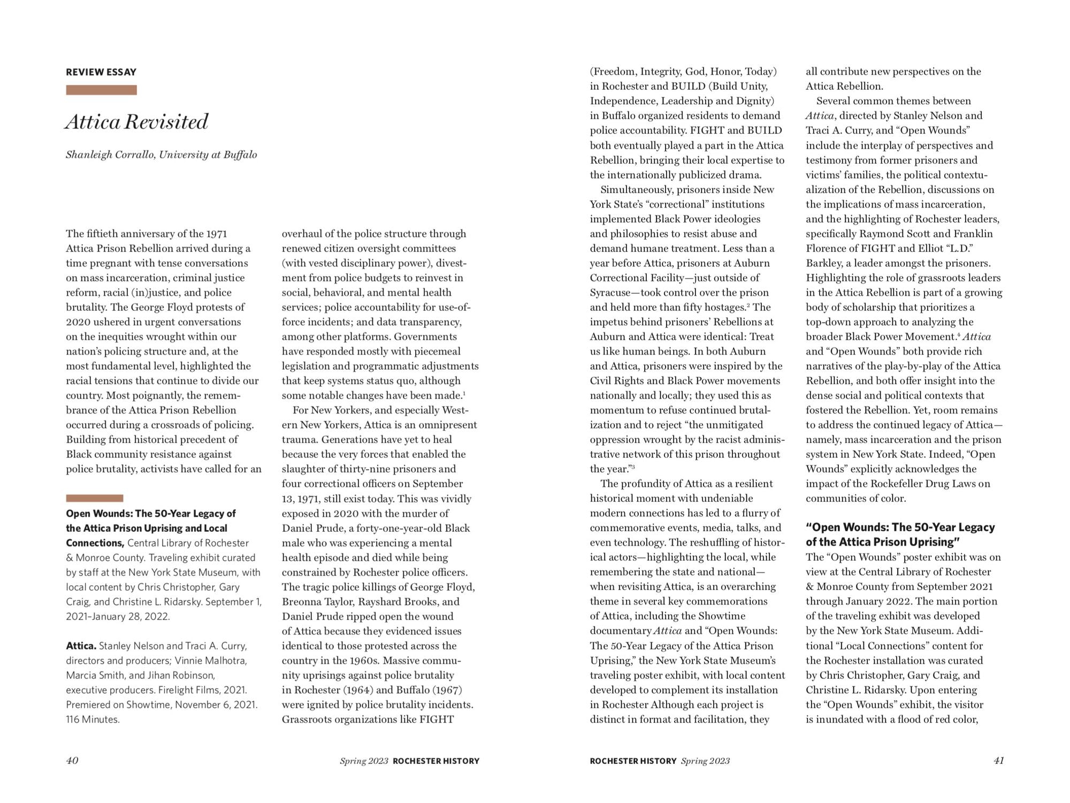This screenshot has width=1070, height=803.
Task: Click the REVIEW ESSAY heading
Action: pos(101,72)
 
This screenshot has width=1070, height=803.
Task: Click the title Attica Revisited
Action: pos(136,122)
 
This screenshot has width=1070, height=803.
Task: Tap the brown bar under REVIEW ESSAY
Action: pos(101,90)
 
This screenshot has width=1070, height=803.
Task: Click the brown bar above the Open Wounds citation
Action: pos(94,498)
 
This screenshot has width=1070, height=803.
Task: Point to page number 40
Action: pos(72,760)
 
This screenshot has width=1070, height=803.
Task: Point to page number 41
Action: pos(998,760)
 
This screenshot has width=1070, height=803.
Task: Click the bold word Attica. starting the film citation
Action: pos(81,646)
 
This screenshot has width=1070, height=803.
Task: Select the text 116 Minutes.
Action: pos(93,720)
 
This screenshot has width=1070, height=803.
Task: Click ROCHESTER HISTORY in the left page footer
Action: pos(435,761)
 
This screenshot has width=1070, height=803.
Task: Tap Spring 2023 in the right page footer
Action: pos(705,761)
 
